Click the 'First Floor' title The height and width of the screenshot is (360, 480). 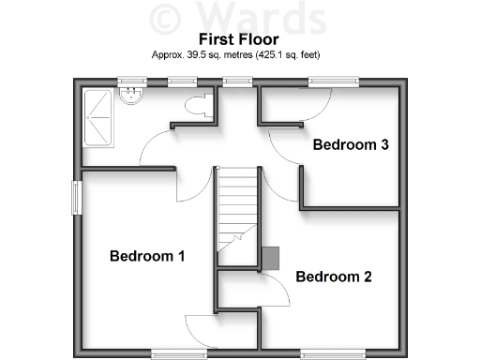point(239,39)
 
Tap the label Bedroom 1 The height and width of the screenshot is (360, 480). point(147,256)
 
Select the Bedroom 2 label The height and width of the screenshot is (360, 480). point(334,277)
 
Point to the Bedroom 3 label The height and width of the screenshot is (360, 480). point(351,145)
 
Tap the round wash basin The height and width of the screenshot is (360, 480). point(133,94)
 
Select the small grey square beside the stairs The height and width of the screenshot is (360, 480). point(270,257)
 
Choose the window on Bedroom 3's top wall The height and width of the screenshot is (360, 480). point(335,82)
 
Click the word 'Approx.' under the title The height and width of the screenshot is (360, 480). point(168,55)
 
